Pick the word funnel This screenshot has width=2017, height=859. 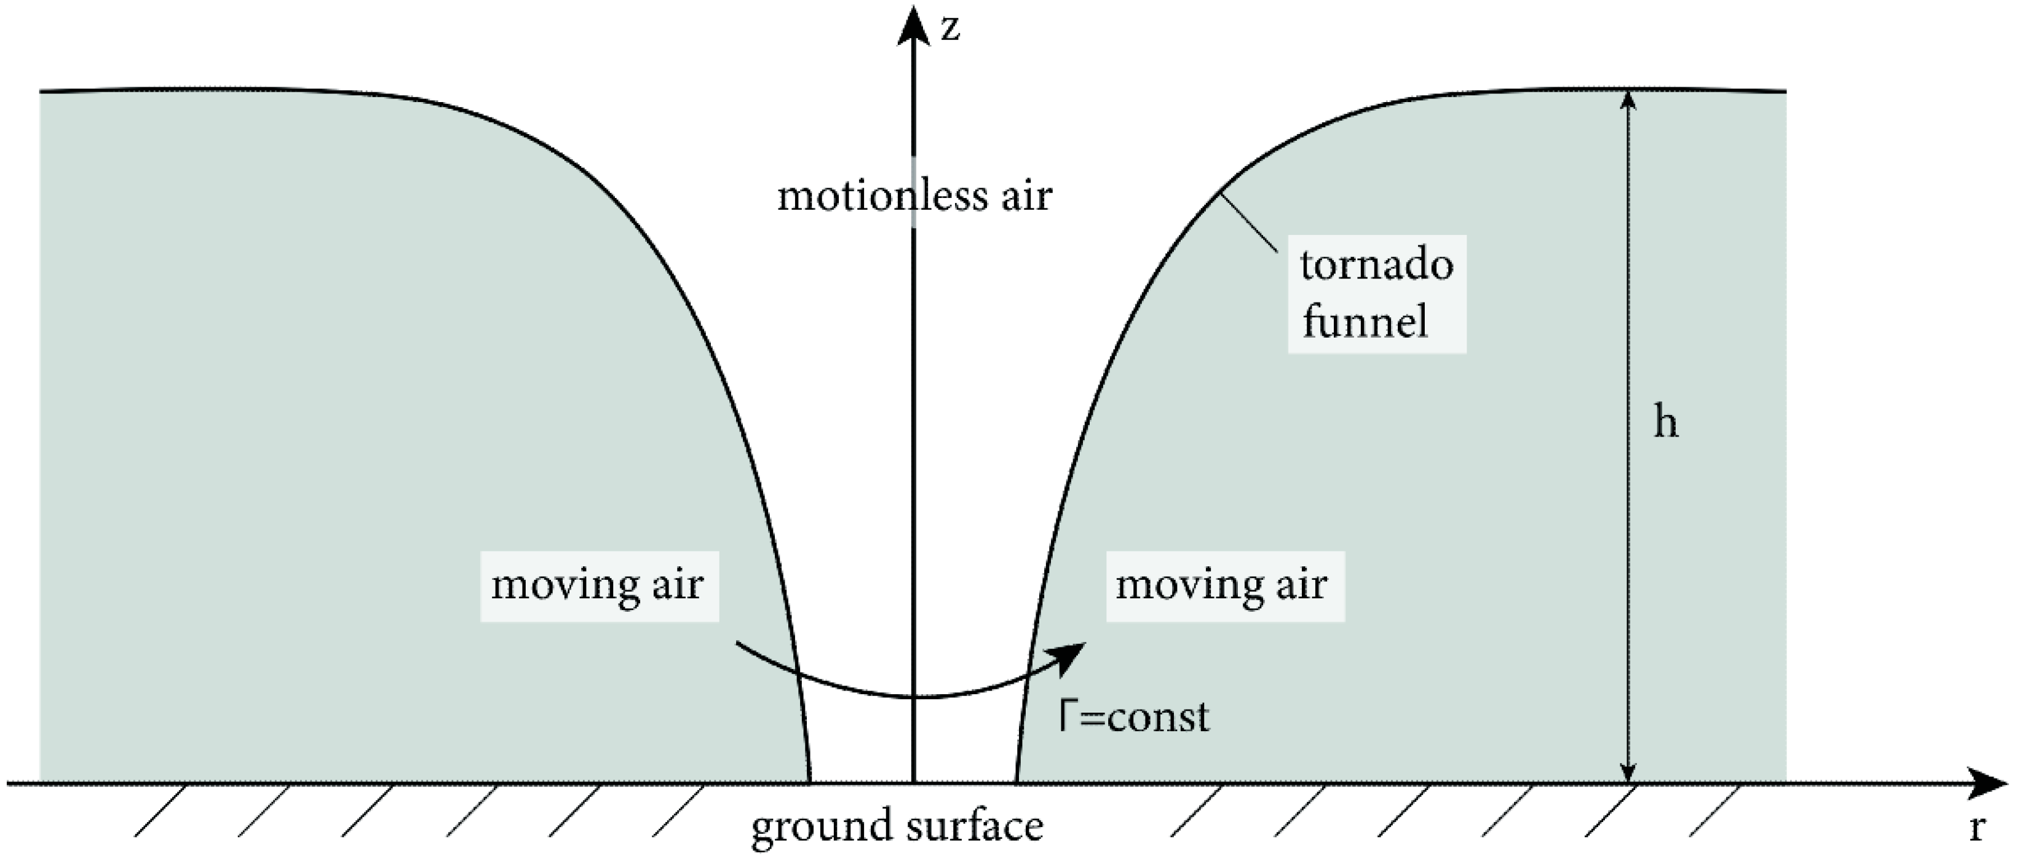pyautogui.click(x=1365, y=322)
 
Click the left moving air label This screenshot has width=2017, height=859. pyautogui.click(x=598, y=585)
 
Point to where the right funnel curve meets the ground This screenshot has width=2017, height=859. pyautogui.click(x=1016, y=781)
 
